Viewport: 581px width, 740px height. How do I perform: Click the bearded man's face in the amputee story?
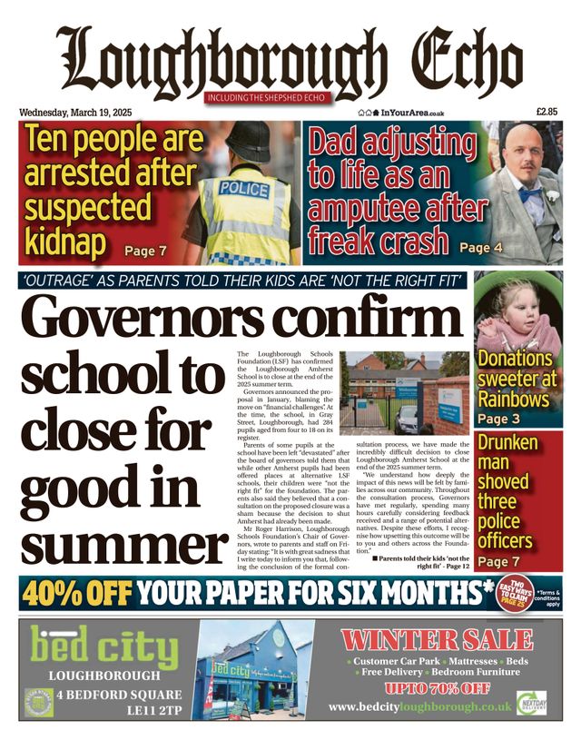(522, 164)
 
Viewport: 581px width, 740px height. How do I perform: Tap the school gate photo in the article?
(404, 391)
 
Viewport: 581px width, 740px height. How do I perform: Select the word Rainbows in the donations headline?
(515, 399)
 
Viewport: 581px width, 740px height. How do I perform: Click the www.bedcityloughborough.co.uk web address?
(420, 706)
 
